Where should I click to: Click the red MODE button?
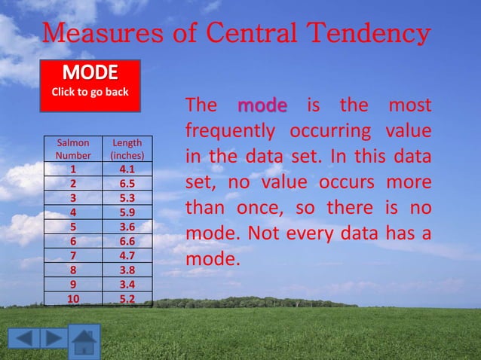[90, 85]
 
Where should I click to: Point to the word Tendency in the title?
[367, 34]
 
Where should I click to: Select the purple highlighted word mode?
[262, 105]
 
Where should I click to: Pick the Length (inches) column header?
[127, 148]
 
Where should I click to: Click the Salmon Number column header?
[73, 148]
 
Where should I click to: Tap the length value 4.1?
[127, 169]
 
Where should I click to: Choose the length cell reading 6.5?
[127, 184]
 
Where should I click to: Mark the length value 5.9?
[127, 212]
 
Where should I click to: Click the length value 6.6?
[127, 241]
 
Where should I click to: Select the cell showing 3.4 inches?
[127, 285]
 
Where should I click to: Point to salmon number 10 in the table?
[73, 299]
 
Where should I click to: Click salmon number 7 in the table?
[73, 255]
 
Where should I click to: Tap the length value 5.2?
[127, 299]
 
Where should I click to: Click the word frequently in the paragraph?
[231, 131]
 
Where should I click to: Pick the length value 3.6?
[127, 227]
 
